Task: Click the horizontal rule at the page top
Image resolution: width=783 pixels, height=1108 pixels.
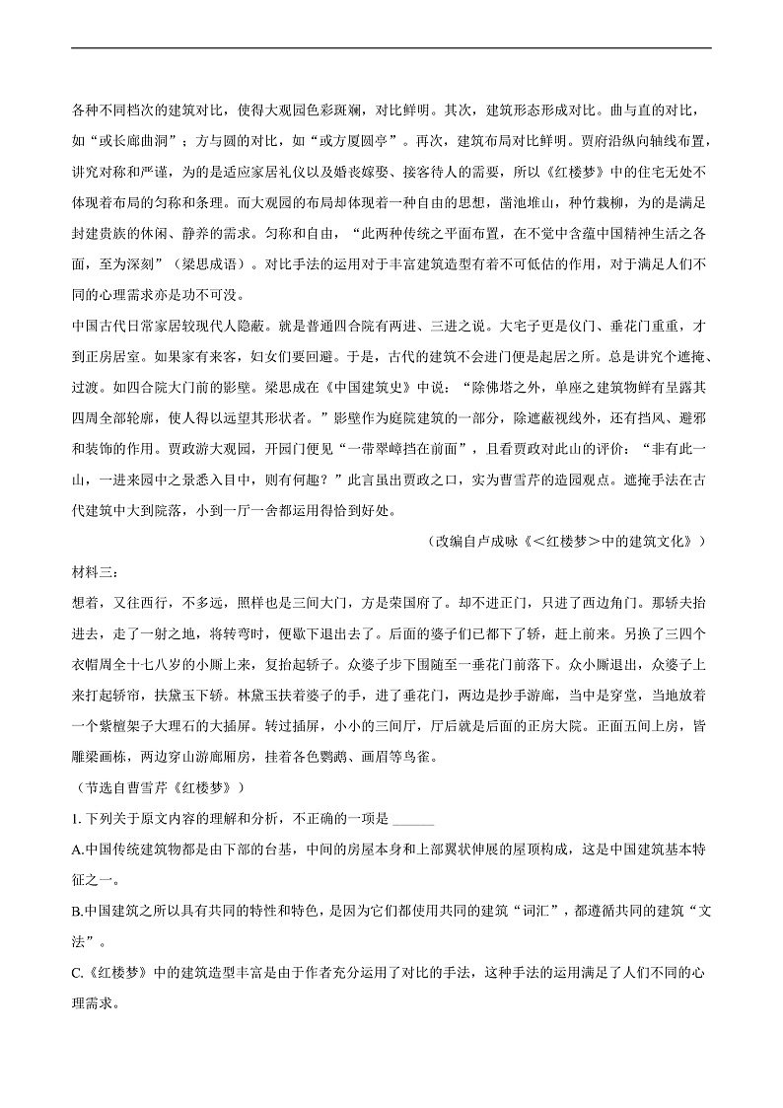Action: (391, 47)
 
